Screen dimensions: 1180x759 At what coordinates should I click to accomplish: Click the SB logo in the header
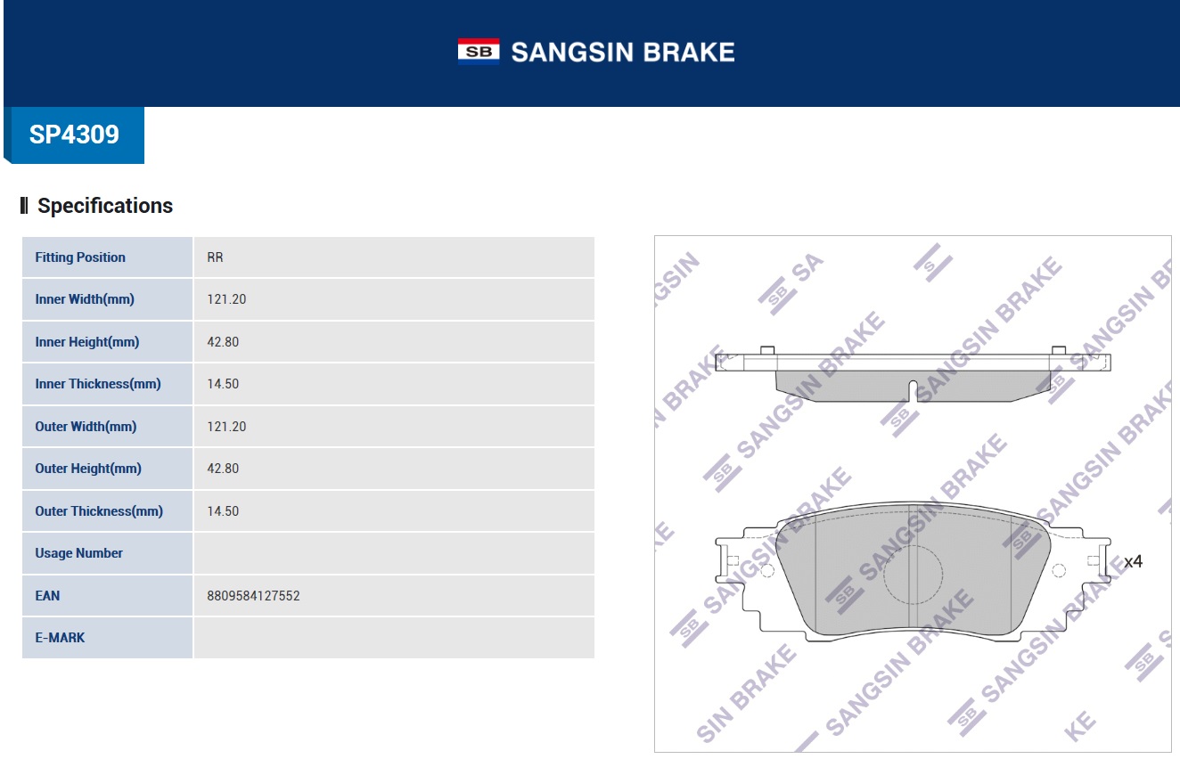479,52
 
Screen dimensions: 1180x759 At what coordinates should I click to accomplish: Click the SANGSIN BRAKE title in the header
622,52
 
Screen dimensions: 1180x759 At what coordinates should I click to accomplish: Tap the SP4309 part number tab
74,135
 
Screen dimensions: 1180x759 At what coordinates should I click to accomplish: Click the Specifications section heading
104,206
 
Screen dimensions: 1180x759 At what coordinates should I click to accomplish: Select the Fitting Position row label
80,257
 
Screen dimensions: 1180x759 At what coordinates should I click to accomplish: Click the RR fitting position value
215,257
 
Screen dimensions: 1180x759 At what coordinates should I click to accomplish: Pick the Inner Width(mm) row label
85,299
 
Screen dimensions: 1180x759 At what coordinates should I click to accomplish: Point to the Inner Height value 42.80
223,342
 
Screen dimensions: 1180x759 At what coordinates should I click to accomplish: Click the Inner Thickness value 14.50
223,384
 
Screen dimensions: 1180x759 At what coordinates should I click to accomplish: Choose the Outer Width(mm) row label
86,427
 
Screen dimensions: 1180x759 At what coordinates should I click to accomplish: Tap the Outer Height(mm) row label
88,469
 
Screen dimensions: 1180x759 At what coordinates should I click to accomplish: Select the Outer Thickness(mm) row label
99,511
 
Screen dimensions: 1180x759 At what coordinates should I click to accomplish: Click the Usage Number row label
78,553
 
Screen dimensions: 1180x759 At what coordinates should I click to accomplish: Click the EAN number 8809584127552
253,596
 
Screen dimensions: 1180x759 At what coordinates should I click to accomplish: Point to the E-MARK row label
60,638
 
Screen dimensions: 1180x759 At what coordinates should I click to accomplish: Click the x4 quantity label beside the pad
1133,562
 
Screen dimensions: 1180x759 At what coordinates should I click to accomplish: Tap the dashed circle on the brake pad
913,575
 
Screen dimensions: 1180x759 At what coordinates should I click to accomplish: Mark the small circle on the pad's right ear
1059,571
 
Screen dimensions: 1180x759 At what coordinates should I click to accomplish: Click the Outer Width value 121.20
226,427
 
